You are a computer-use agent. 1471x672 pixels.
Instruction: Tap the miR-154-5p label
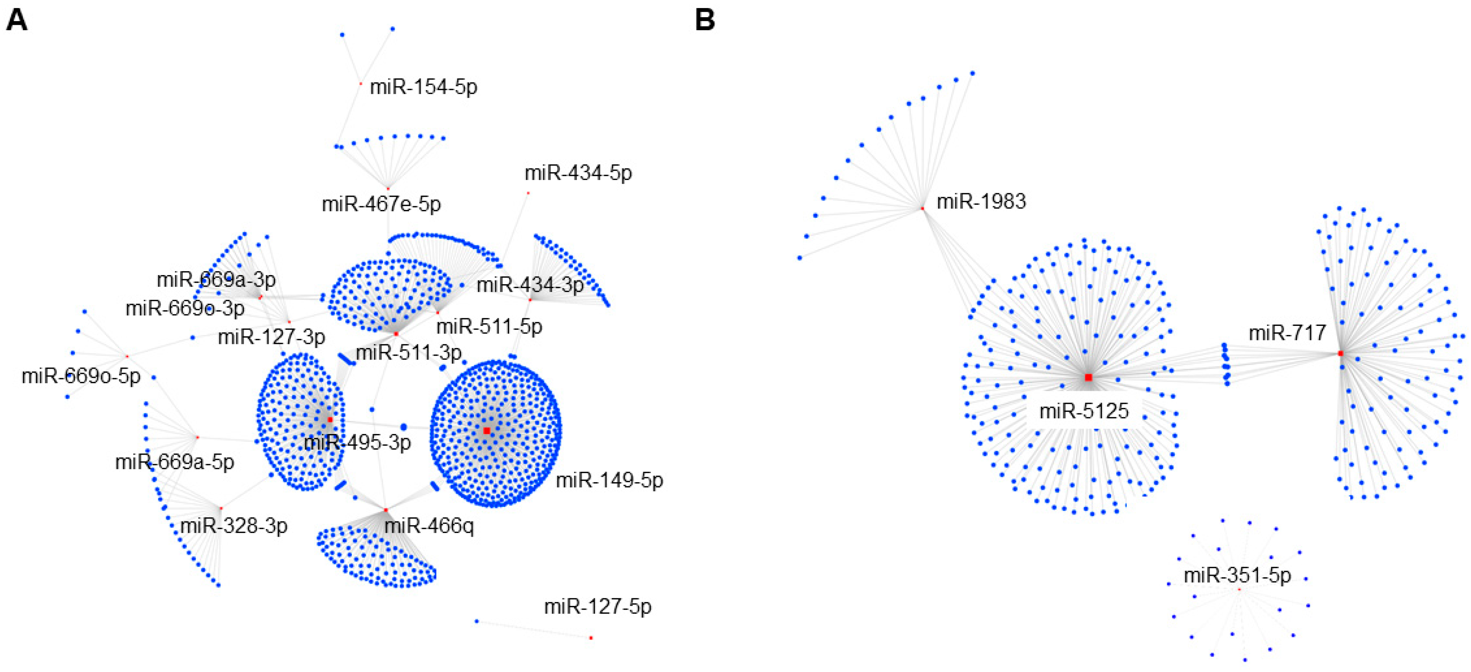pyautogui.click(x=423, y=87)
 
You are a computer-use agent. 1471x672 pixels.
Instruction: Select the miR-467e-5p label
pyautogui.click(x=381, y=204)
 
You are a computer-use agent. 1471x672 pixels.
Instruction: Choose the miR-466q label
pyautogui.click(x=429, y=526)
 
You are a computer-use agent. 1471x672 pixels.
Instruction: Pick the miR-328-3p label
pyautogui.click(x=234, y=526)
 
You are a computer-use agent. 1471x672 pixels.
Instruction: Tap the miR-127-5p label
pyautogui.click(x=597, y=607)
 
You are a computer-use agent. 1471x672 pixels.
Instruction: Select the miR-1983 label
pyautogui.click(x=981, y=202)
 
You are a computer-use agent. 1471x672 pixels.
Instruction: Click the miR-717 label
pyautogui.click(x=1287, y=333)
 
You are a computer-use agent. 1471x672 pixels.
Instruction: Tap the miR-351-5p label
pyautogui.click(x=1237, y=575)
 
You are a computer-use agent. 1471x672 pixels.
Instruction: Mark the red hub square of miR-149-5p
pyautogui.click(x=487, y=430)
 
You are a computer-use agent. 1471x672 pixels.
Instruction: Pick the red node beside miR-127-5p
pyautogui.click(x=591, y=638)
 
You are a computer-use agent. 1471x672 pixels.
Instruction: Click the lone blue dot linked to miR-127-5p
pyautogui.click(x=477, y=621)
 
